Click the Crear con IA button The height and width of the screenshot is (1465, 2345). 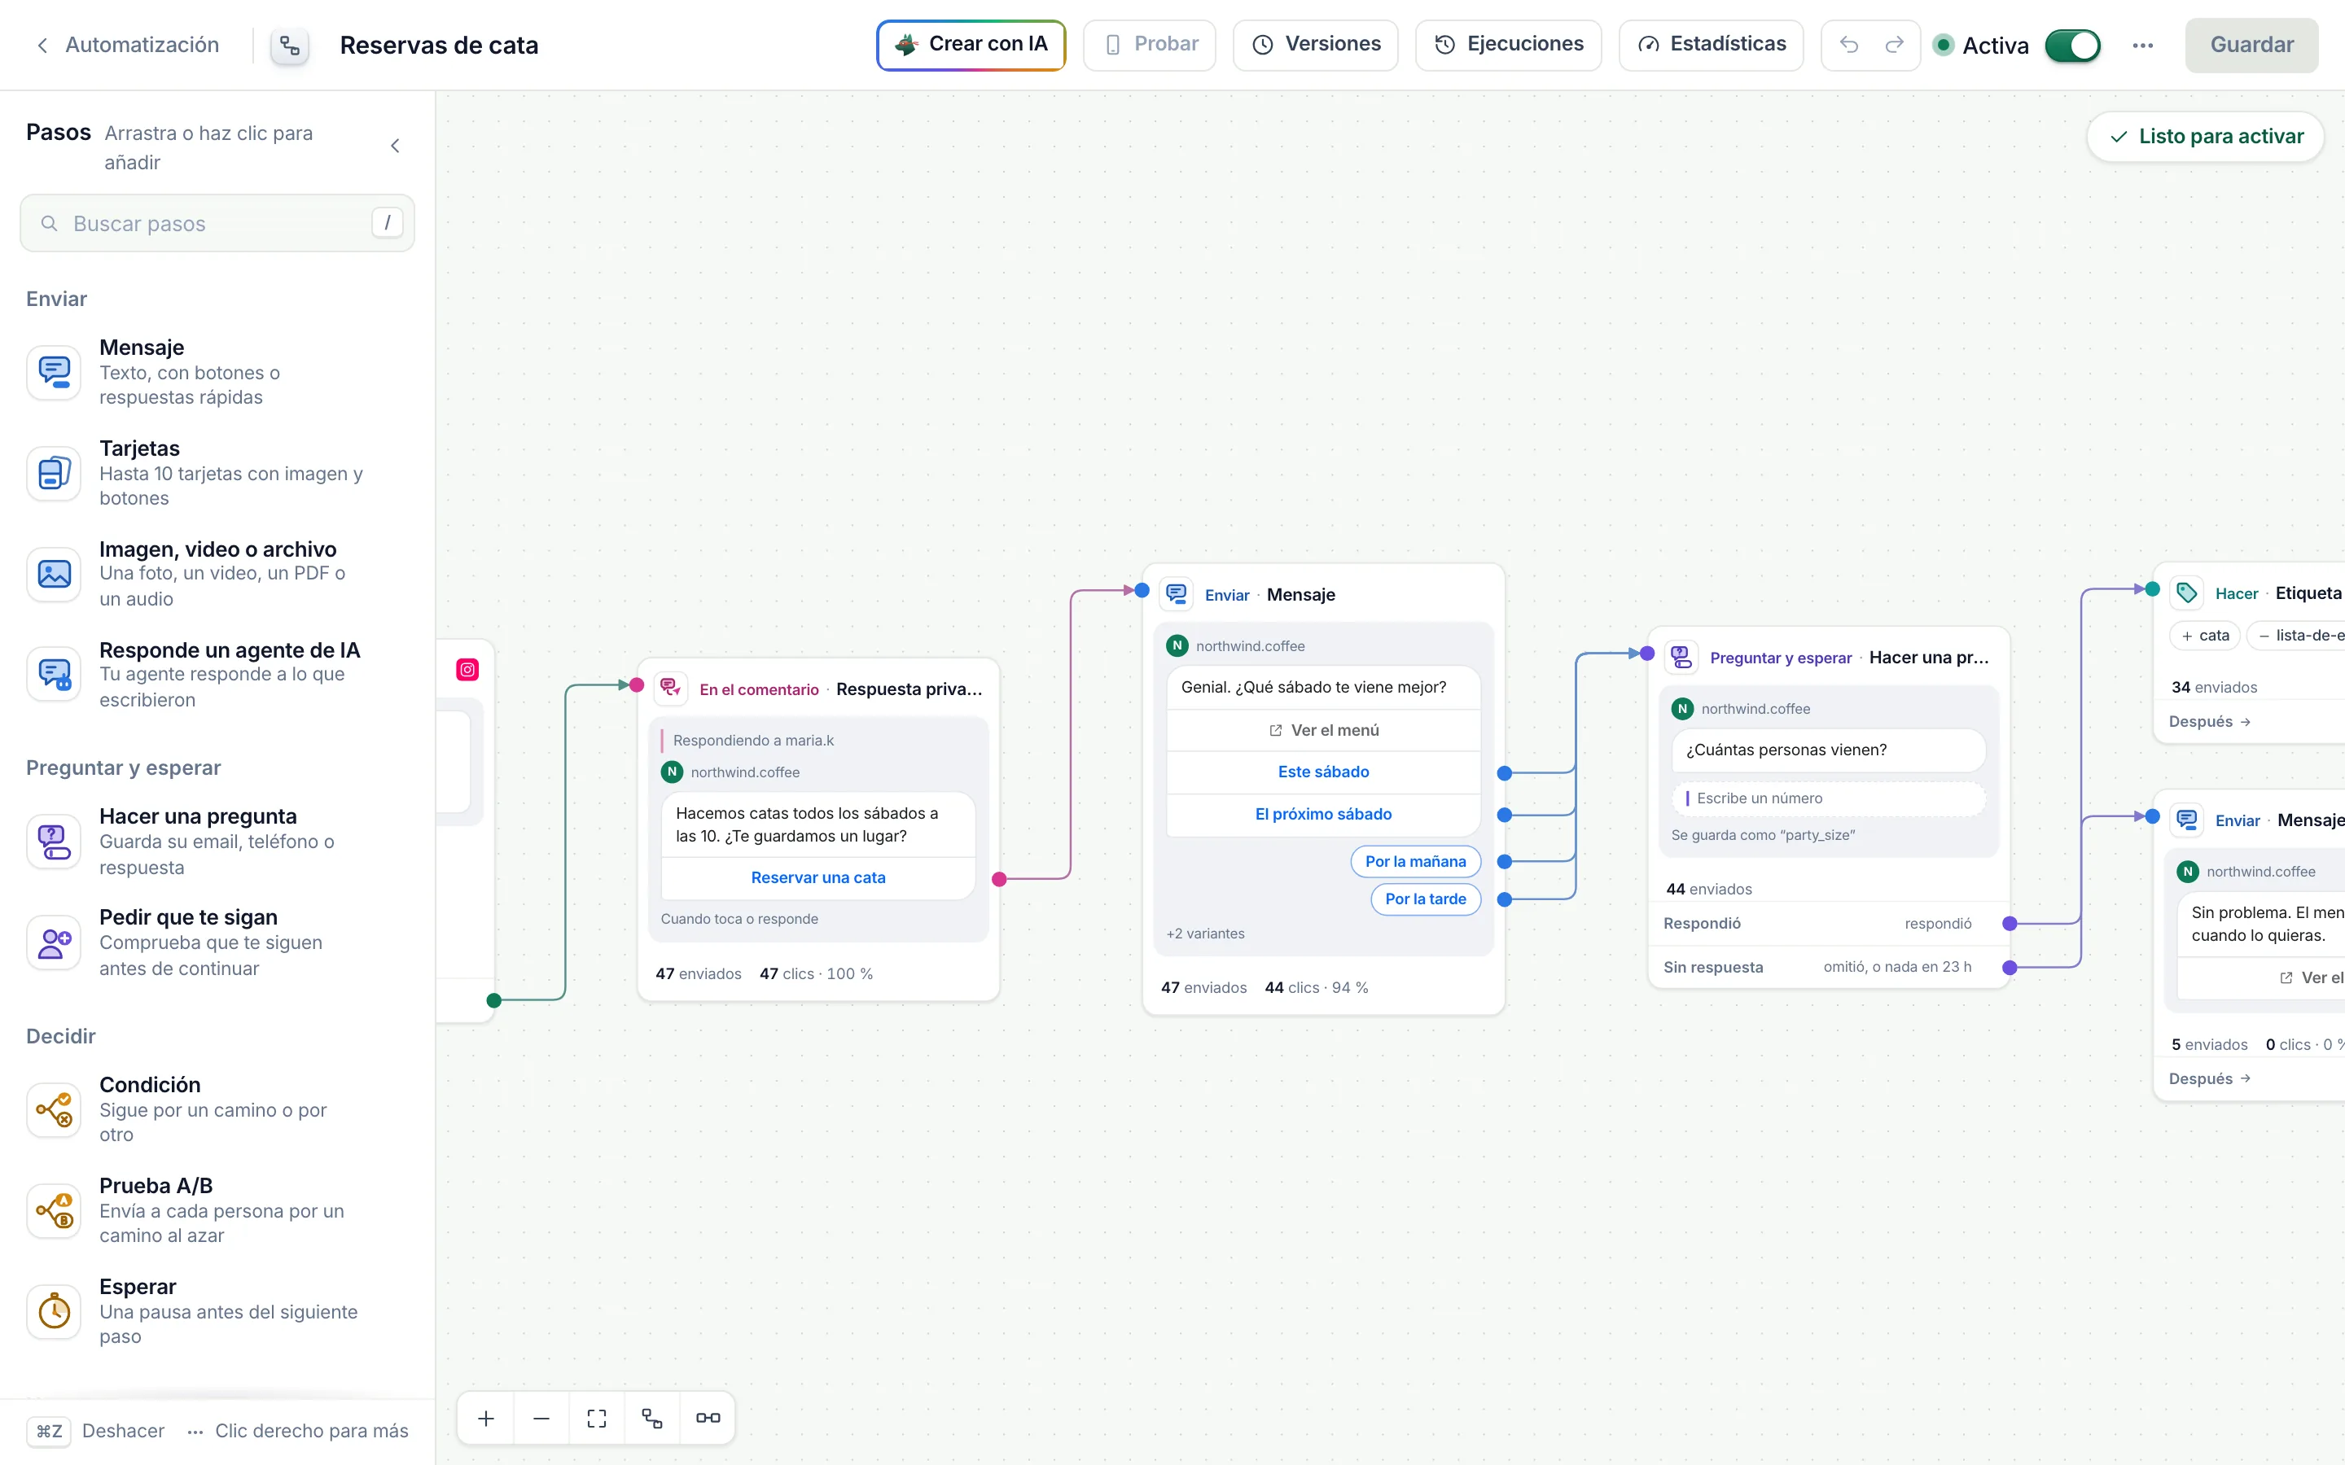pyautogui.click(x=971, y=45)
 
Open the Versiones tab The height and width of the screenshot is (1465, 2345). pyautogui.click(x=1315, y=45)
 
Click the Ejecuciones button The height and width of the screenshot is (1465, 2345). pyautogui.click(x=1508, y=45)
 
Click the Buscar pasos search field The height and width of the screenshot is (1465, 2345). pyautogui.click(x=217, y=224)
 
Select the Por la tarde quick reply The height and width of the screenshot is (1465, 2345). pyautogui.click(x=1426, y=899)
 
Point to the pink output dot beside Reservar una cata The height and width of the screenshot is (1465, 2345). pyautogui.click(x=999, y=879)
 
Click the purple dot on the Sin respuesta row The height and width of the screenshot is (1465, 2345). pyautogui.click(x=2010, y=967)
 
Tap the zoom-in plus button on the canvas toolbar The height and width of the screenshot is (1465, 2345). pyautogui.click(x=485, y=1419)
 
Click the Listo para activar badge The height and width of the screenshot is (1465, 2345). pyautogui.click(x=2206, y=137)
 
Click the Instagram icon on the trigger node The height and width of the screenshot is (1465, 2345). pyautogui.click(x=467, y=670)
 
